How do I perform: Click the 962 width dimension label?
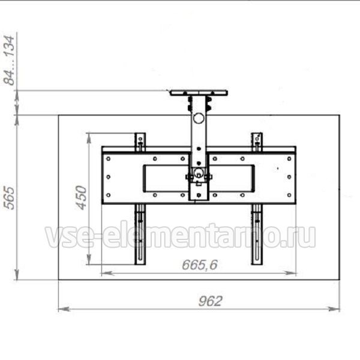(211, 301)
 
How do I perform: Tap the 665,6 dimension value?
(200, 265)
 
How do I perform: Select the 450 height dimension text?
(82, 197)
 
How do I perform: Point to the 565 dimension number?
(10, 198)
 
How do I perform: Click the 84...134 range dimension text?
(10, 61)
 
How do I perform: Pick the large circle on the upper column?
(199, 118)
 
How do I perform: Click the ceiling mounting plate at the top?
(199, 93)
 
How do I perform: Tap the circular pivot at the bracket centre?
(198, 172)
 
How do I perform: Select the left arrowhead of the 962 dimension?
(64, 309)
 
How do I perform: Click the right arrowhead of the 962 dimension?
(334, 309)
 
